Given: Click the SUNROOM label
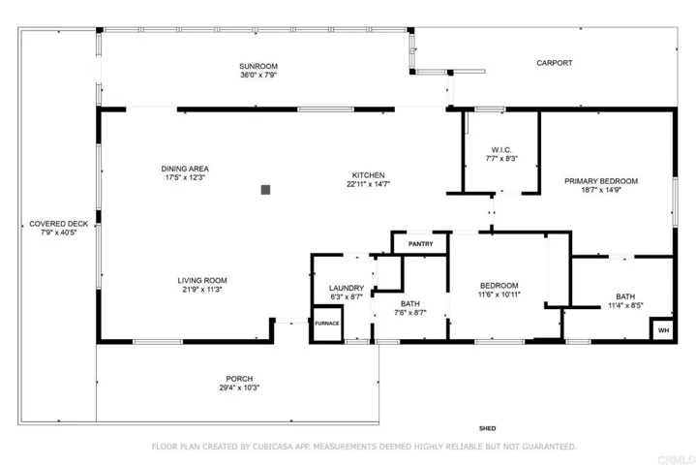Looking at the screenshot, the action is point(258,66).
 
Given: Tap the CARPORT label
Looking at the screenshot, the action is point(555,63).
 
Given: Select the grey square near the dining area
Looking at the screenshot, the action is point(265,190).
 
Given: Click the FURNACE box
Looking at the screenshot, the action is point(327,324).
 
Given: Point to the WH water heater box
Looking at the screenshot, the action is point(663,330).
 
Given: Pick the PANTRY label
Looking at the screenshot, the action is point(421,244).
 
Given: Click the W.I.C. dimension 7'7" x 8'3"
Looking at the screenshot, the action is point(501,159).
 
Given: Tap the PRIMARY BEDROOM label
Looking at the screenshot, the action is point(601,181).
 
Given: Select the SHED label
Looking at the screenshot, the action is point(487,428).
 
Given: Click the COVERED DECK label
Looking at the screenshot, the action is point(59,224).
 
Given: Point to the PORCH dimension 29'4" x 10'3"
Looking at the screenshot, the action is point(239,387).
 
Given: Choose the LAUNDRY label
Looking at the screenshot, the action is point(347,289).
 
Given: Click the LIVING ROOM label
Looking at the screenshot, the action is point(202,281).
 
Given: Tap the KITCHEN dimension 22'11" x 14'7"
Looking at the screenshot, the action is point(369,184).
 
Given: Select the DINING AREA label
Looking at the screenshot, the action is point(185,169).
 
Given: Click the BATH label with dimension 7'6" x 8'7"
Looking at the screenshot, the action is point(410,304).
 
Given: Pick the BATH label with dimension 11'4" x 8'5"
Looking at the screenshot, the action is point(625,296).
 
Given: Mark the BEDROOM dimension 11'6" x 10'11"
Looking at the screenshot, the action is point(499,294).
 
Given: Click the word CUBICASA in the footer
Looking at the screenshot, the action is point(273,447).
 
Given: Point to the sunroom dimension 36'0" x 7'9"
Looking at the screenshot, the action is point(258,75).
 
